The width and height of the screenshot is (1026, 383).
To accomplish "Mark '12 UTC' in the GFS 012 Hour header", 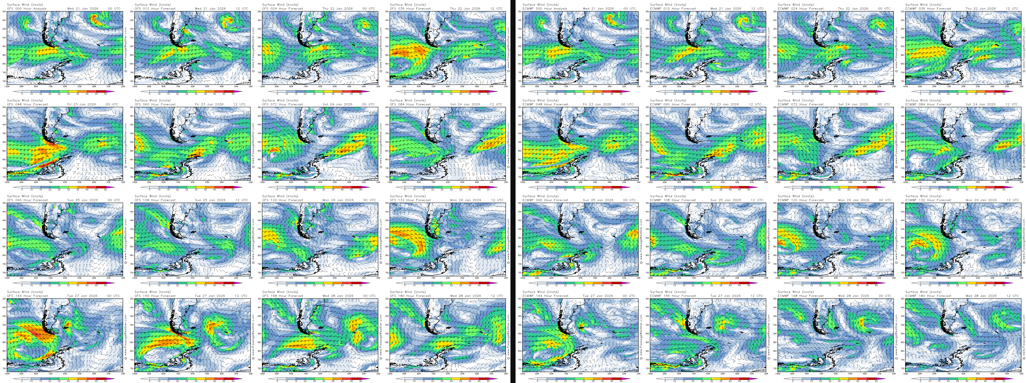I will pos(241,8).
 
